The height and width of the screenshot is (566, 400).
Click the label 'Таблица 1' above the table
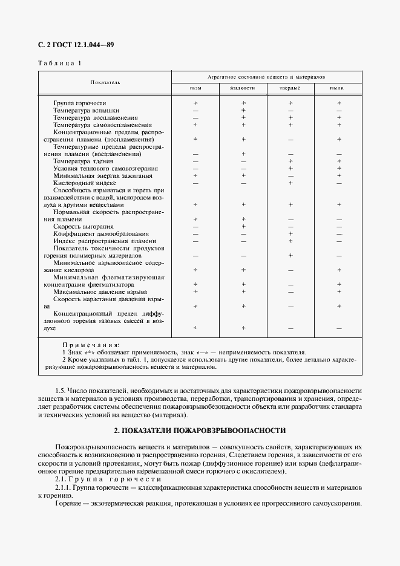tap(59, 63)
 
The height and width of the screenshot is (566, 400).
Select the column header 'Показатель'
tap(105, 82)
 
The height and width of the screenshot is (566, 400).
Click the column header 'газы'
tap(195, 88)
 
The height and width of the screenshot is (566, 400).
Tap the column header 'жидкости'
tap(242, 88)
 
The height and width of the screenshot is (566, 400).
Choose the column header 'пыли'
tap(338, 88)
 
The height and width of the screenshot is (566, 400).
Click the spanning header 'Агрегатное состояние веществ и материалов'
tap(266, 77)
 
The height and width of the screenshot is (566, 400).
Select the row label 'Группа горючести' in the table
tap(79, 103)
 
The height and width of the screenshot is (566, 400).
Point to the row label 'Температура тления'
tap(80, 161)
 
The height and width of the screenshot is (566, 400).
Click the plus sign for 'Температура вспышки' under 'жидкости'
tap(243, 111)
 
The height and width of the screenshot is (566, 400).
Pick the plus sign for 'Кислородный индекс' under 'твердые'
tap(290, 183)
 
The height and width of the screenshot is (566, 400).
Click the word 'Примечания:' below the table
tap(91, 344)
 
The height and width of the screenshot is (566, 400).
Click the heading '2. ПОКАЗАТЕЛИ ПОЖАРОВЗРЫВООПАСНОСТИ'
tap(200, 431)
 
